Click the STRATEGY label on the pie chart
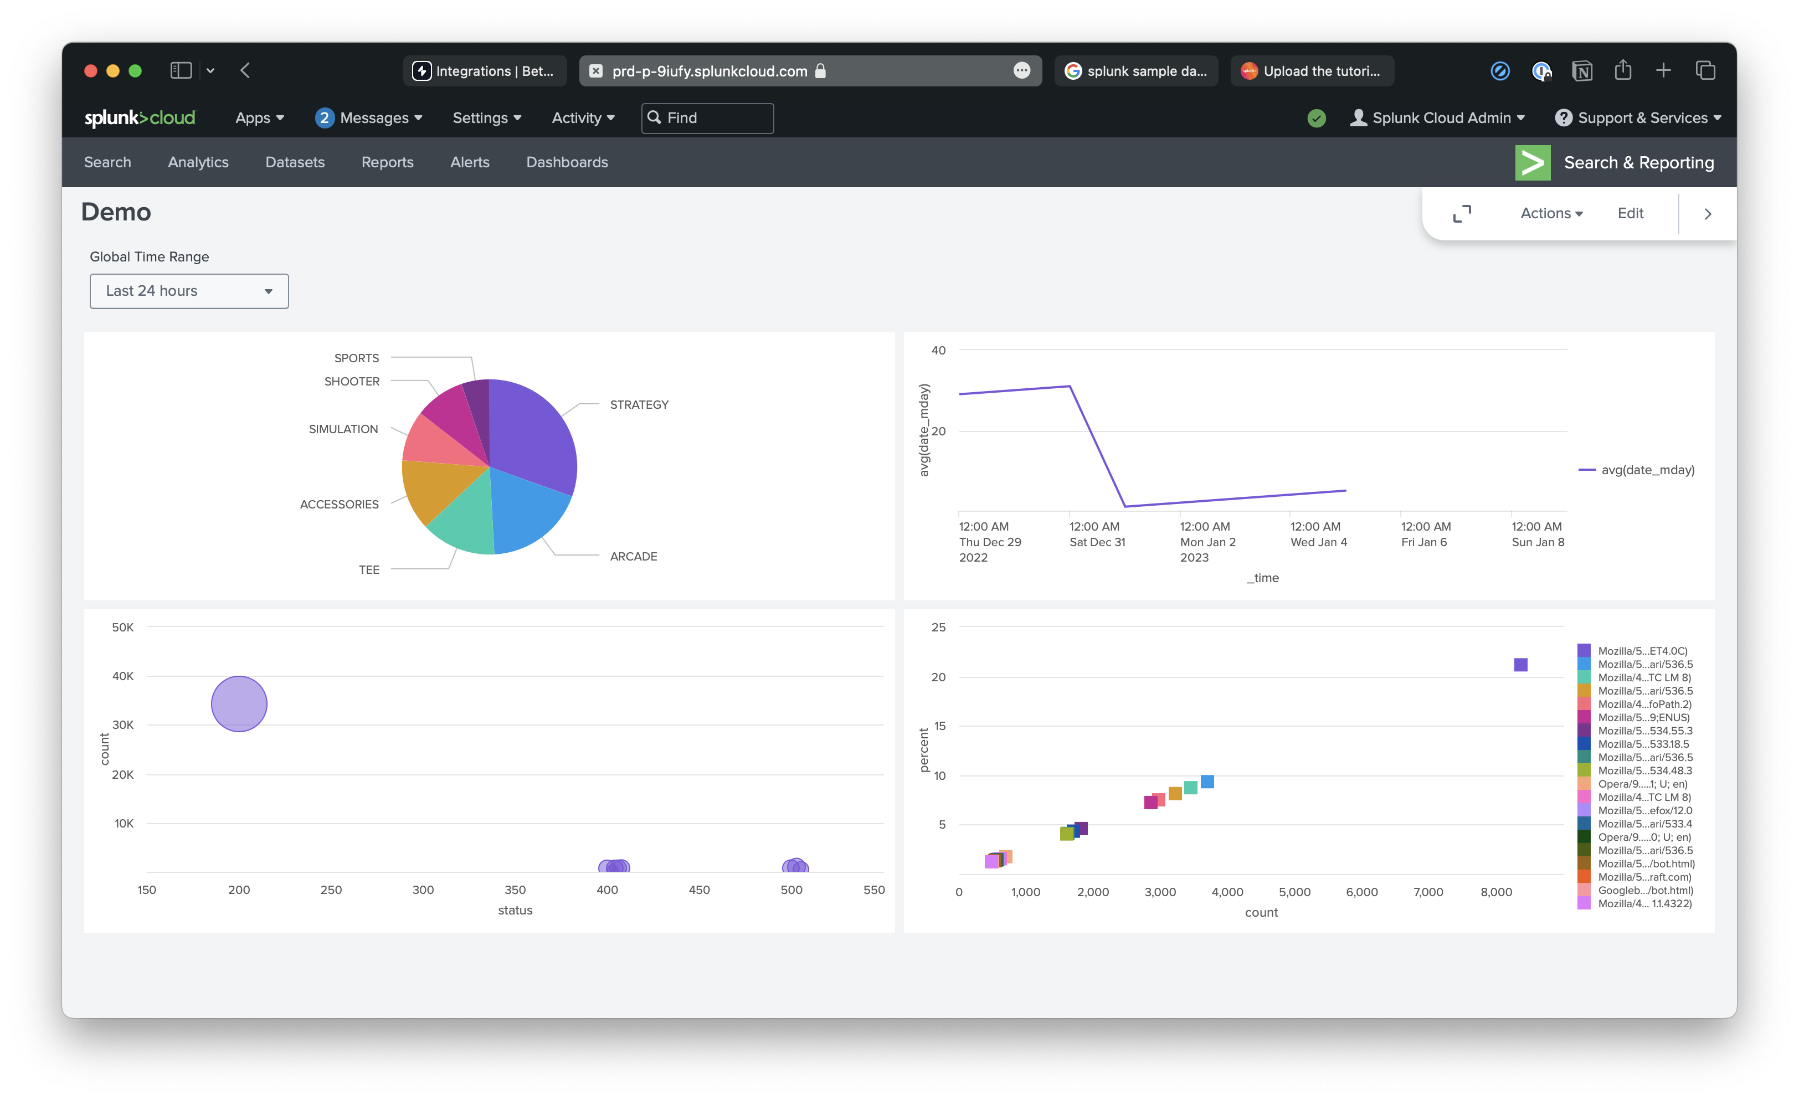[639, 404]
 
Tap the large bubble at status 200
[239, 703]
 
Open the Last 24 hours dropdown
[189, 291]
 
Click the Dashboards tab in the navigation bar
[567, 162]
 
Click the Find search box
[707, 117]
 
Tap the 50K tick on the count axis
[122, 627]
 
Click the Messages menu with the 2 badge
[369, 117]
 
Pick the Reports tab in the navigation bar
[387, 162]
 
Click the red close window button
[90, 71]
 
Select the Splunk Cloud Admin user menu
[1437, 117]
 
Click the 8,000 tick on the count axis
[1495, 892]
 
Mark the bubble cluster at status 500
[795, 866]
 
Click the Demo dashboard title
[116, 212]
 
